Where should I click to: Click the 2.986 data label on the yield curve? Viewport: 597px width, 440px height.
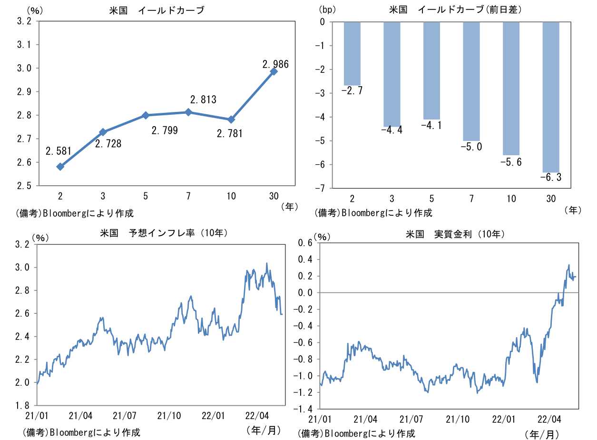click(x=275, y=64)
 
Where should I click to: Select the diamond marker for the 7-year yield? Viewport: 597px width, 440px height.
click(x=188, y=112)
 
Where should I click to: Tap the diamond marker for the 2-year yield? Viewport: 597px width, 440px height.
click(x=60, y=167)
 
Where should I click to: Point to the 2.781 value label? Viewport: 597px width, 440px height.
click(x=229, y=134)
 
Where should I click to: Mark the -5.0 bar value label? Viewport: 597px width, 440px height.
click(x=471, y=147)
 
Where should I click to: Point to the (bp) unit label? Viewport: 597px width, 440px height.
click(x=327, y=10)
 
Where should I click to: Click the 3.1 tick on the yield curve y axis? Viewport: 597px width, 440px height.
click(x=24, y=45)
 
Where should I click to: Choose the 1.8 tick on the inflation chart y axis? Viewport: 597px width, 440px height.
click(x=24, y=406)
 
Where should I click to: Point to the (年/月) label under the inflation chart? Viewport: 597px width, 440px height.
click(x=264, y=430)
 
